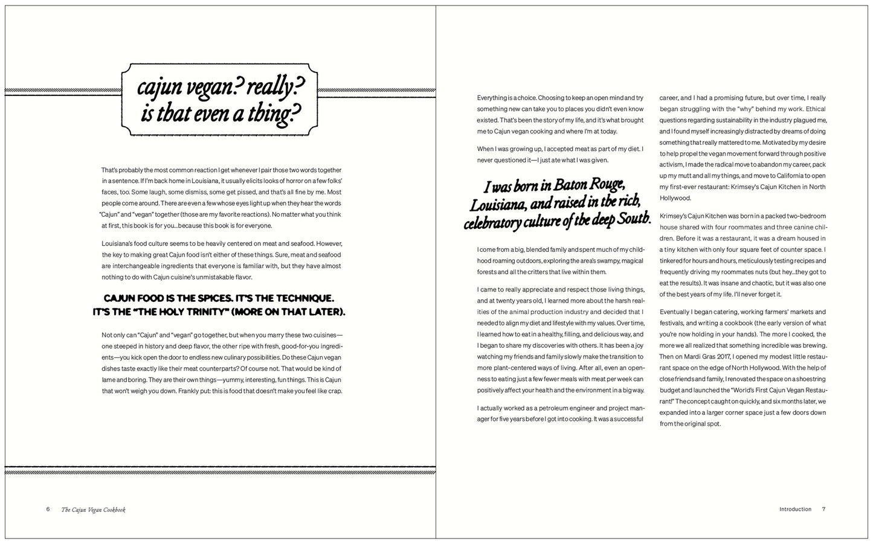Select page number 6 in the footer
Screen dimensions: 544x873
(x=48, y=509)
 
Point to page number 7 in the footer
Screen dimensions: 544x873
(x=823, y=509)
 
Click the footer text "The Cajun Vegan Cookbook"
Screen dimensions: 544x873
(x=94, y=510)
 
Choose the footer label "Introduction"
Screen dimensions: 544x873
(x=795, y=509)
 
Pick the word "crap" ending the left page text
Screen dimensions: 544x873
(x=334, y=391)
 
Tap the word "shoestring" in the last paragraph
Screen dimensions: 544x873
(x=809, y=379)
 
